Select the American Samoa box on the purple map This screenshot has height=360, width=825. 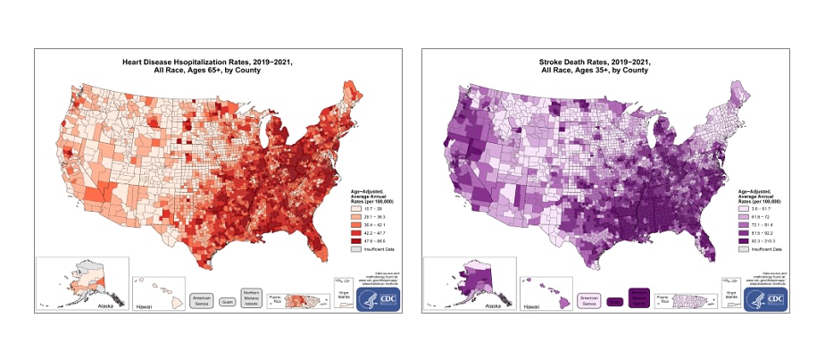590,301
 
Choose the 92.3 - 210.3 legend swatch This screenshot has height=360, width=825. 740,239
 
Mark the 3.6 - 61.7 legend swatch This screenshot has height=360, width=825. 740,207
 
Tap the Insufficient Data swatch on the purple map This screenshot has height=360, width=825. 740,247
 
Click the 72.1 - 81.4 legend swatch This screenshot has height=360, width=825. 740,223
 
